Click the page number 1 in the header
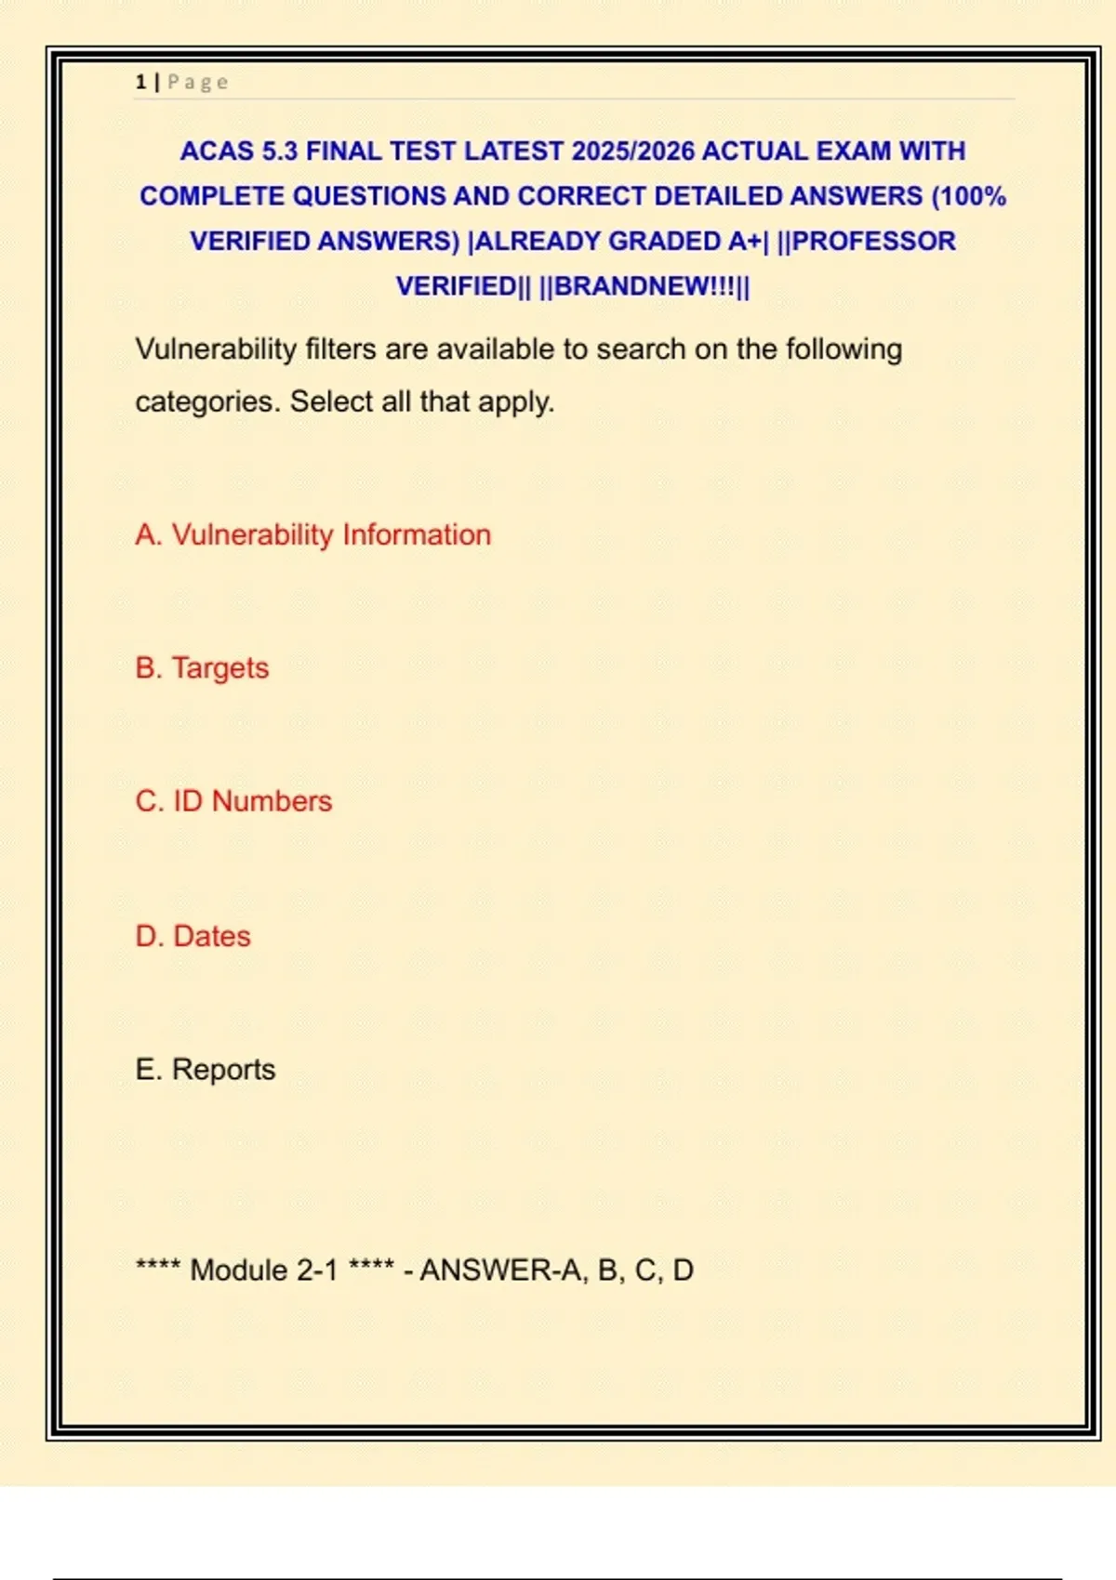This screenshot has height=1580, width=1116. [x=140, y=82]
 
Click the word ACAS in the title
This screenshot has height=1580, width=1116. [x=217, y=151]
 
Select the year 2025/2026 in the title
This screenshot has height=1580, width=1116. [x=632, y=151]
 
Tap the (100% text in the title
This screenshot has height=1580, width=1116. [x=968, y=197]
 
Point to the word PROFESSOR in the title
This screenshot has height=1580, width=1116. [x=873, y=242]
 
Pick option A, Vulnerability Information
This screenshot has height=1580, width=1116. [x=313, y=535]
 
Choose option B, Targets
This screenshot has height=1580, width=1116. [x=202, y=668]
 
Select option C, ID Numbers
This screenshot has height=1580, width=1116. [x=233, y=801]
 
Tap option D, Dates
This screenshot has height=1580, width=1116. [x=193, y=936]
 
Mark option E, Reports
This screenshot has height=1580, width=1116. [x=206, y=1070]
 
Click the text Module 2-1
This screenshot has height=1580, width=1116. [x=264, y=1271]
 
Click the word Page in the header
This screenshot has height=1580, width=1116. [x=197, y=82]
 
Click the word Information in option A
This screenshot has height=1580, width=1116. [x=417, y=535]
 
